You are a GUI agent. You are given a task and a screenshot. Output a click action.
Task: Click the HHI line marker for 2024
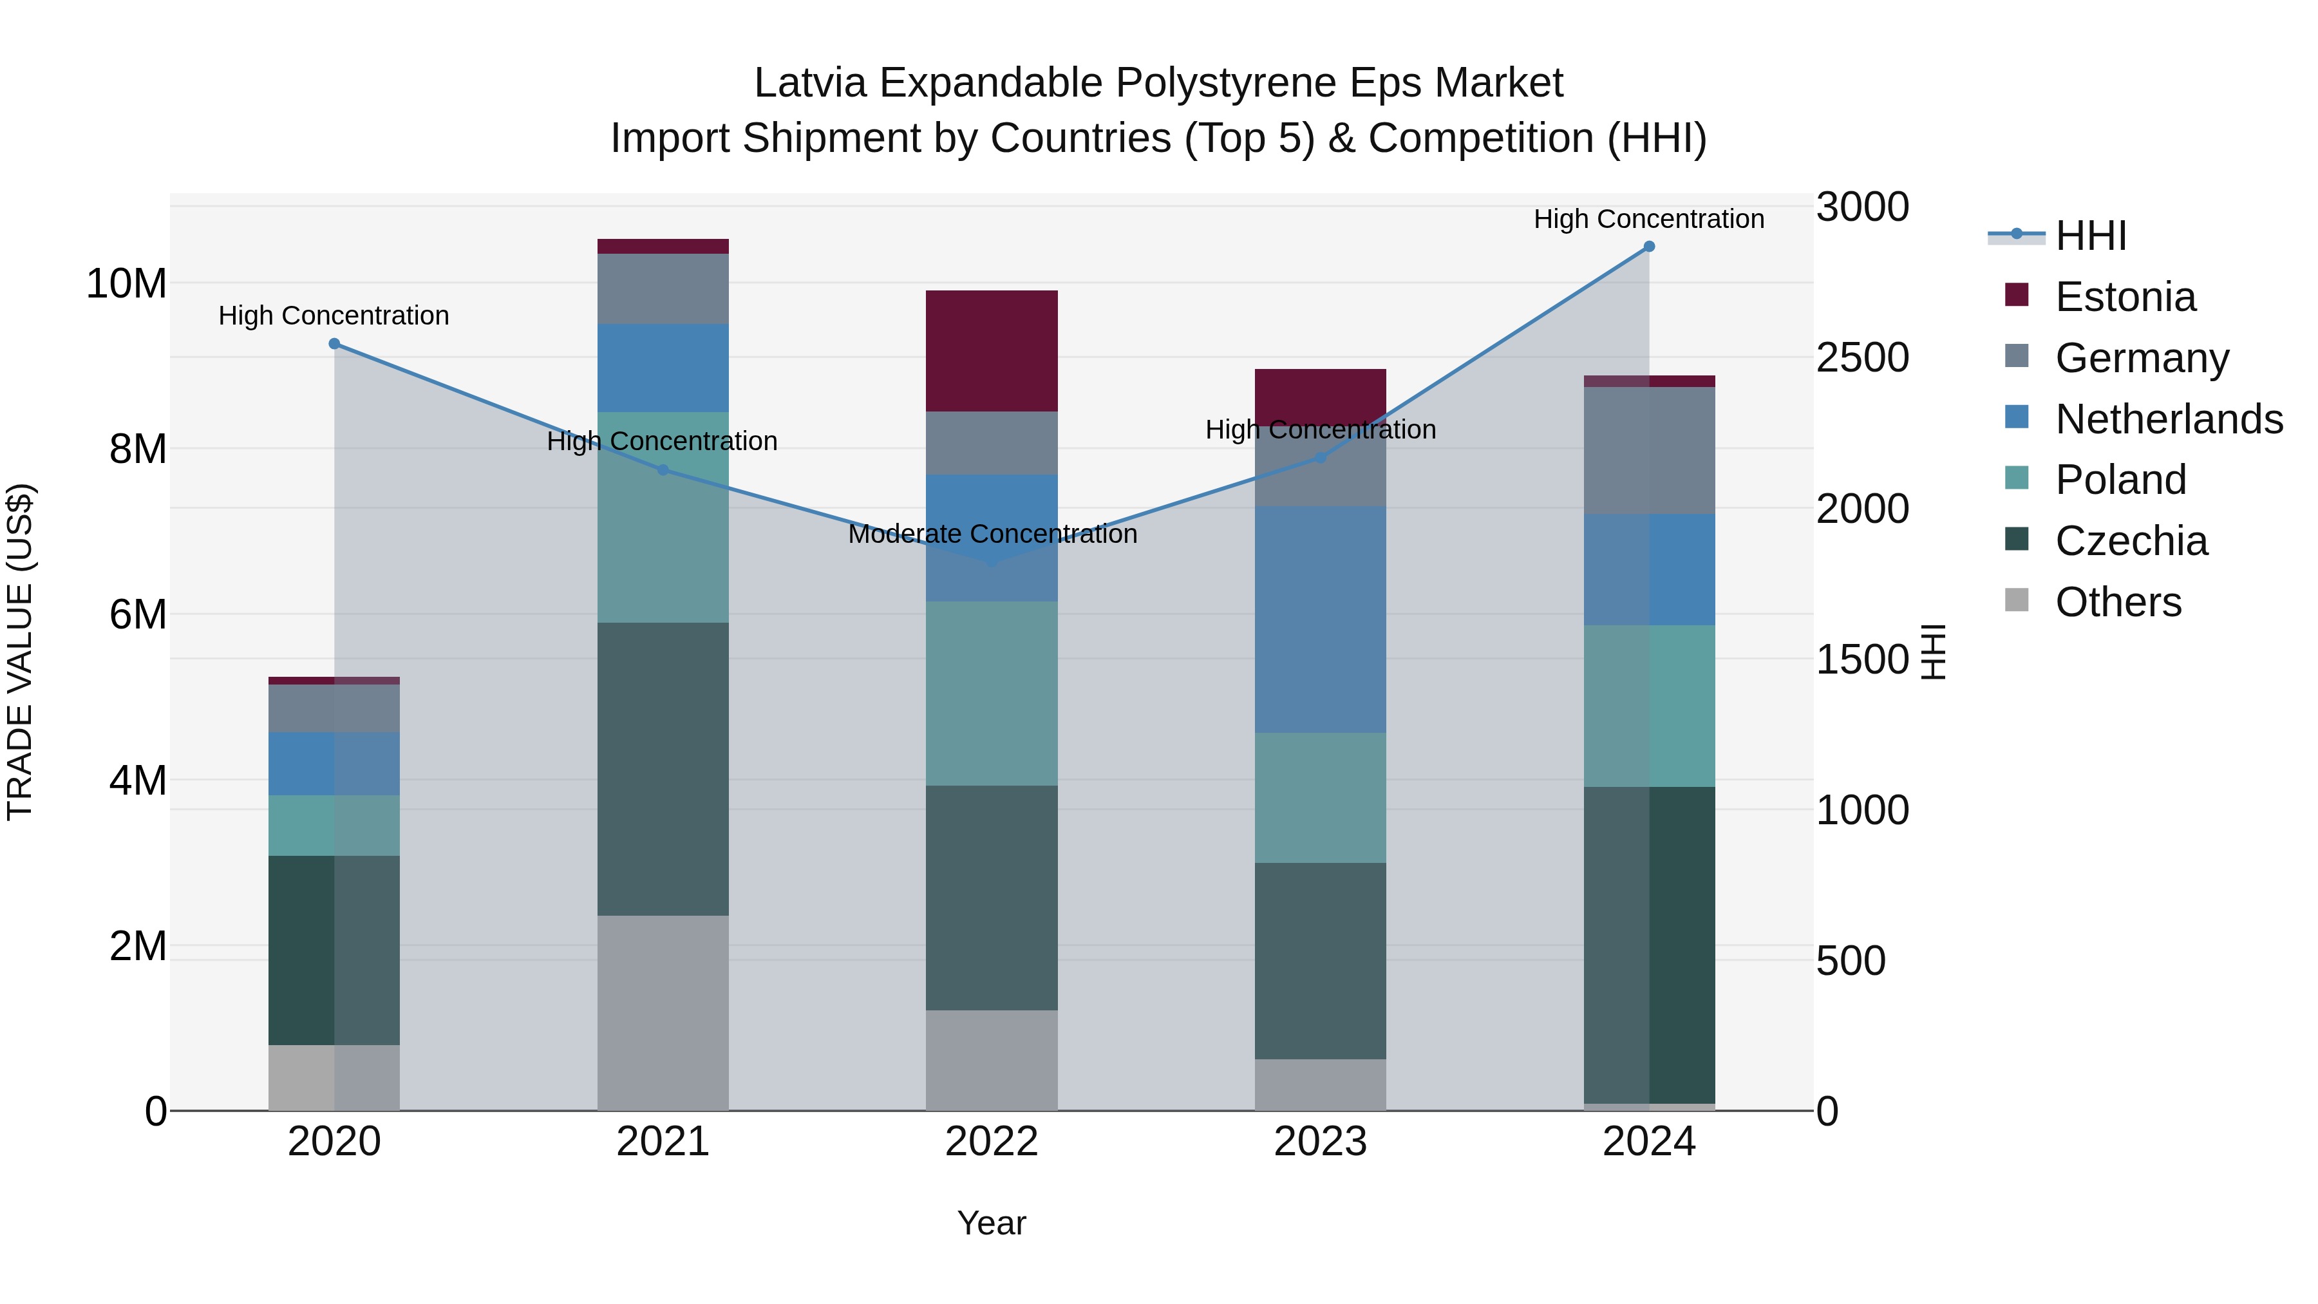coord(1648,247)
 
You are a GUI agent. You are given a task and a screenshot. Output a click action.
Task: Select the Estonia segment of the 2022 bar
coord(992,351)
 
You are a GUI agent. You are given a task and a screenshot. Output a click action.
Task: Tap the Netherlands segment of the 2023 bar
coord(1320,619)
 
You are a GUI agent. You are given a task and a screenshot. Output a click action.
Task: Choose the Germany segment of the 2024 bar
coord(1648,450)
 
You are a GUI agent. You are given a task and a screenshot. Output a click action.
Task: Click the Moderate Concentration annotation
coord(992,534)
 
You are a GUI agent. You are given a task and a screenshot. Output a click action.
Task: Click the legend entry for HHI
coord(2090,236)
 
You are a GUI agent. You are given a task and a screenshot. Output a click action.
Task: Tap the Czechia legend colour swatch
coord(2017,540)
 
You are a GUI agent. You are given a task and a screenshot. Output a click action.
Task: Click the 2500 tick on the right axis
coord(1861,357)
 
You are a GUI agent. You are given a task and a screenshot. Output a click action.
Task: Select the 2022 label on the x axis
coord(992,1142)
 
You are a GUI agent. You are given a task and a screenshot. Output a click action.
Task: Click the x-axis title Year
coord(992,1223)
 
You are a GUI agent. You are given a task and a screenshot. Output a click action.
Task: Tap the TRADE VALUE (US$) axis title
coord(20,652)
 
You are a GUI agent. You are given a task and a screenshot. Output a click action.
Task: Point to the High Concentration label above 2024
coord(1648,219)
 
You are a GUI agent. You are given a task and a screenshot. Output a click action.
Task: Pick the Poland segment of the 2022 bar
coord(992,693)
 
